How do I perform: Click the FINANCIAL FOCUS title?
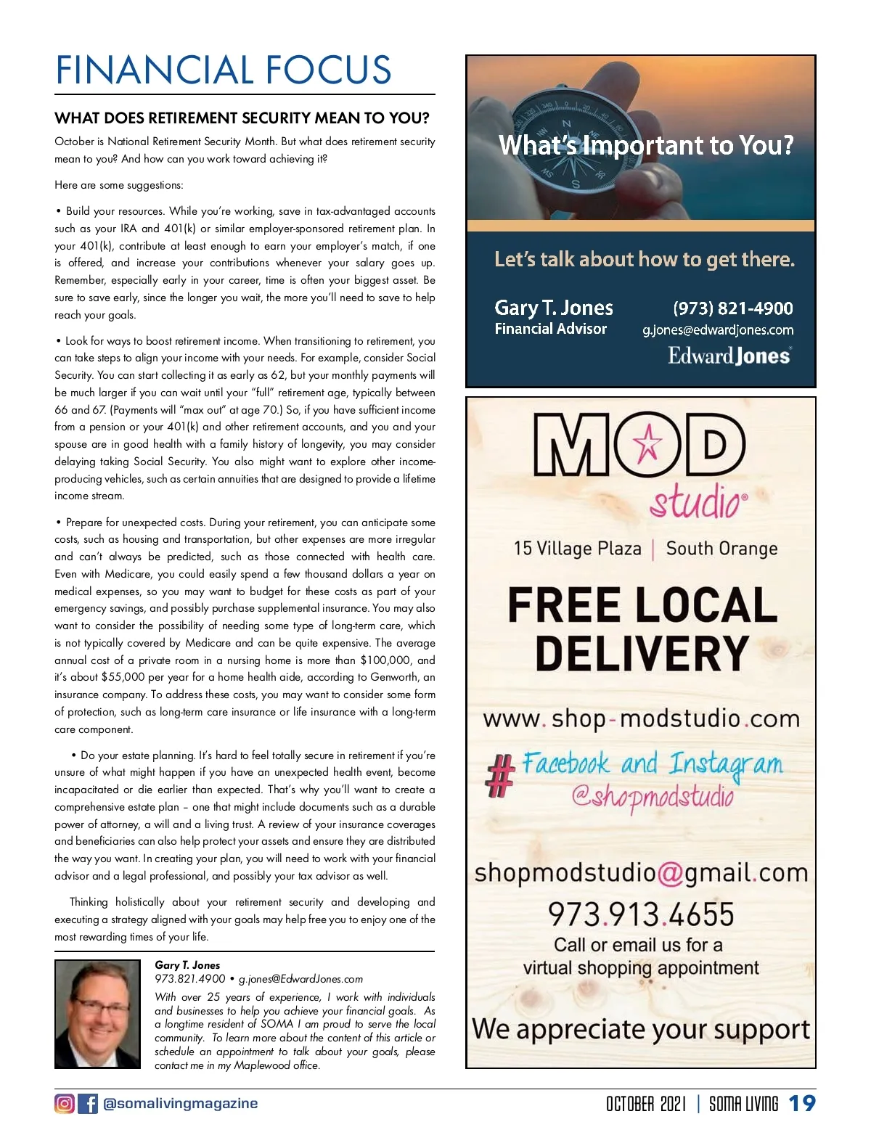pyautogui.click(x=224, y=70)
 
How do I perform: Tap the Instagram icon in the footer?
pyautogui.click(x=65, y=1104)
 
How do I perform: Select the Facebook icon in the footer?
pyautogui.click(x=88, y=1104)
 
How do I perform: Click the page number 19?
pyautogui.click(x=802, y=1104)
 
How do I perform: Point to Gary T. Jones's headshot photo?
pyautogui.click(x=97, y=1014)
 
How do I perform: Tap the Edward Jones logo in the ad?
pyautogui.click(x=729, y=356)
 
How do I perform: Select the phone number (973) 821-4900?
pyautogui.click(x=733, y=308)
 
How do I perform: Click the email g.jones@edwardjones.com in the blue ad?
pyautogui.click(x=718, y=330)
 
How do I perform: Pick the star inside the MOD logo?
pyautogui.click(x=649, y=443)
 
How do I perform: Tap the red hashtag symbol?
pyautogui.click(x=499, y=774)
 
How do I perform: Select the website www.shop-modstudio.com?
pyautogui.click(x=641, y=719)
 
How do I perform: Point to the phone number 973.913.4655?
pyautogui.click(x=641, y=914)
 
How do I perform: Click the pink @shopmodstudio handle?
pyautogui.click(x=653, y=797)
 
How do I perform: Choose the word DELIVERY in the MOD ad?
pyautogui.click(x=642, y=653)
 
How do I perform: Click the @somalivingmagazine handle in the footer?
pyautogui.click(x=181, y=1104)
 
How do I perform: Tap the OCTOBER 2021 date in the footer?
pyautogui.click(x=645, y=1104)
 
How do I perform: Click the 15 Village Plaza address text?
pyautogui.click(x=577, y=549)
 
